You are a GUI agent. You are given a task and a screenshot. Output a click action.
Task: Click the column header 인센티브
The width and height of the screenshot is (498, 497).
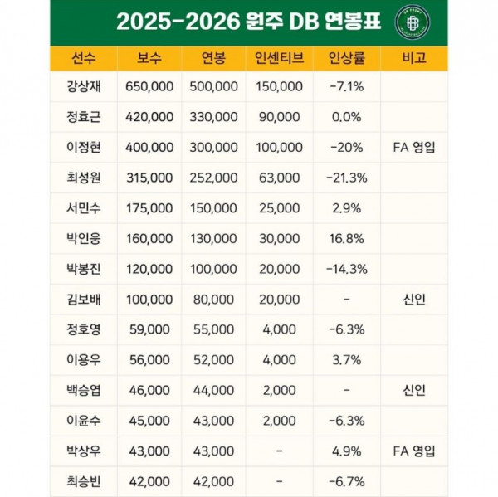[x=280, y=58]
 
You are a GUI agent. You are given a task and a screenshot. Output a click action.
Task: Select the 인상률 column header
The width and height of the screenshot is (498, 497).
[x=346, y=58]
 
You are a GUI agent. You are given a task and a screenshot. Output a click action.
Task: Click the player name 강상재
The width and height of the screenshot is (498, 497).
[x=84, y=85]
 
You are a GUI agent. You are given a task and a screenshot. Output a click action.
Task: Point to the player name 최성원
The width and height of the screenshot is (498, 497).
[x=84, y=177]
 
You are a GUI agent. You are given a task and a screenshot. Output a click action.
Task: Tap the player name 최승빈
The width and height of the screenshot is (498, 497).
[x=84, y=481]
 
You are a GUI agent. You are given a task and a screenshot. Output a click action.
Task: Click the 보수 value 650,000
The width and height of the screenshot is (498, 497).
[x=150, y=85]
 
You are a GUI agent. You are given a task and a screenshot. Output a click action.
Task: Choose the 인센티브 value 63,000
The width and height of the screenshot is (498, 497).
[x=280, y=177]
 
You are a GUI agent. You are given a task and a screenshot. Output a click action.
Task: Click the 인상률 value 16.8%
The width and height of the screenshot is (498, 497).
[x=346, y=238]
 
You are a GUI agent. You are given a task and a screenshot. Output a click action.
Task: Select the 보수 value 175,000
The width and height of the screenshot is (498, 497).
[x=150, y=207]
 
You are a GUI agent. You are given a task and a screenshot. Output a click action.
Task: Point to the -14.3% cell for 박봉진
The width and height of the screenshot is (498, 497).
[x=346, y=268]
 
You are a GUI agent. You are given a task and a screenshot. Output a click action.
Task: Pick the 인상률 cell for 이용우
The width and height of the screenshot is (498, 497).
[x=346, y=359]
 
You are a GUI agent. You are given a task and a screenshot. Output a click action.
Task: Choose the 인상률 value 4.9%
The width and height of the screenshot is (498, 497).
[x=346, y=451]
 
